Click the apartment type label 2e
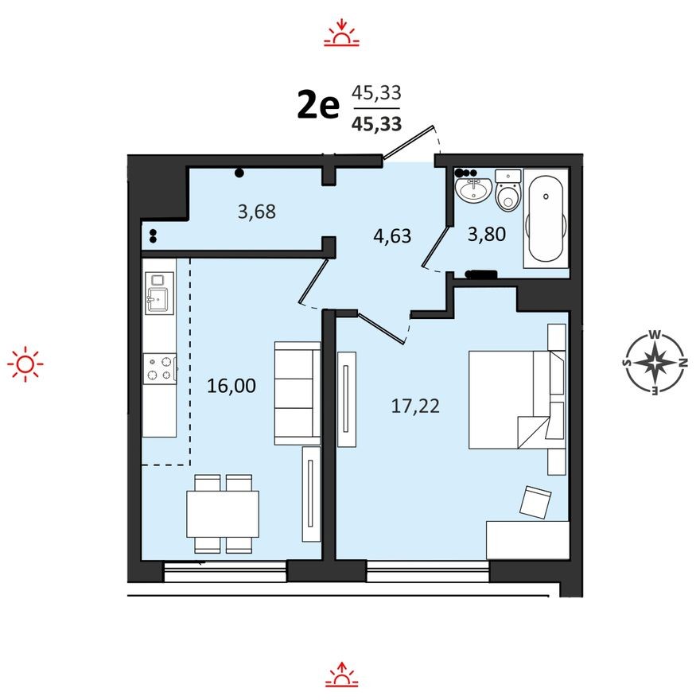point(318,105)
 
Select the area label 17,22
point(415,406)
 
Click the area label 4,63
point(393,235)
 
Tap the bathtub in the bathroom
point(546,218)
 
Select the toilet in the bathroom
point(507,191)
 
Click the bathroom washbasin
point(475,191)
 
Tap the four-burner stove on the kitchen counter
point(159,368)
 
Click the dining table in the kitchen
point(223,514)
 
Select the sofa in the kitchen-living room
point(297,393)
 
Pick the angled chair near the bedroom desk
point(535,502)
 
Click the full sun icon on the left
point(25,364)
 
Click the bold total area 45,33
point(376,123)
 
